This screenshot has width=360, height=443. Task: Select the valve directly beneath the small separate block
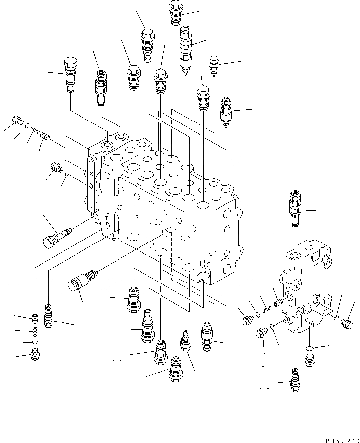(295, 380)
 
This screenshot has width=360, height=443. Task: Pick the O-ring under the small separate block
(309, 348)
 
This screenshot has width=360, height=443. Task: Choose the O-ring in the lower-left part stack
(35, 342)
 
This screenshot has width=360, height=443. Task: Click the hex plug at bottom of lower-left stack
(35, 354)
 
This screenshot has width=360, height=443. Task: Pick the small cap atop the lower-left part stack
(35, 318)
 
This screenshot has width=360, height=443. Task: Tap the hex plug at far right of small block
(347, 324)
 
